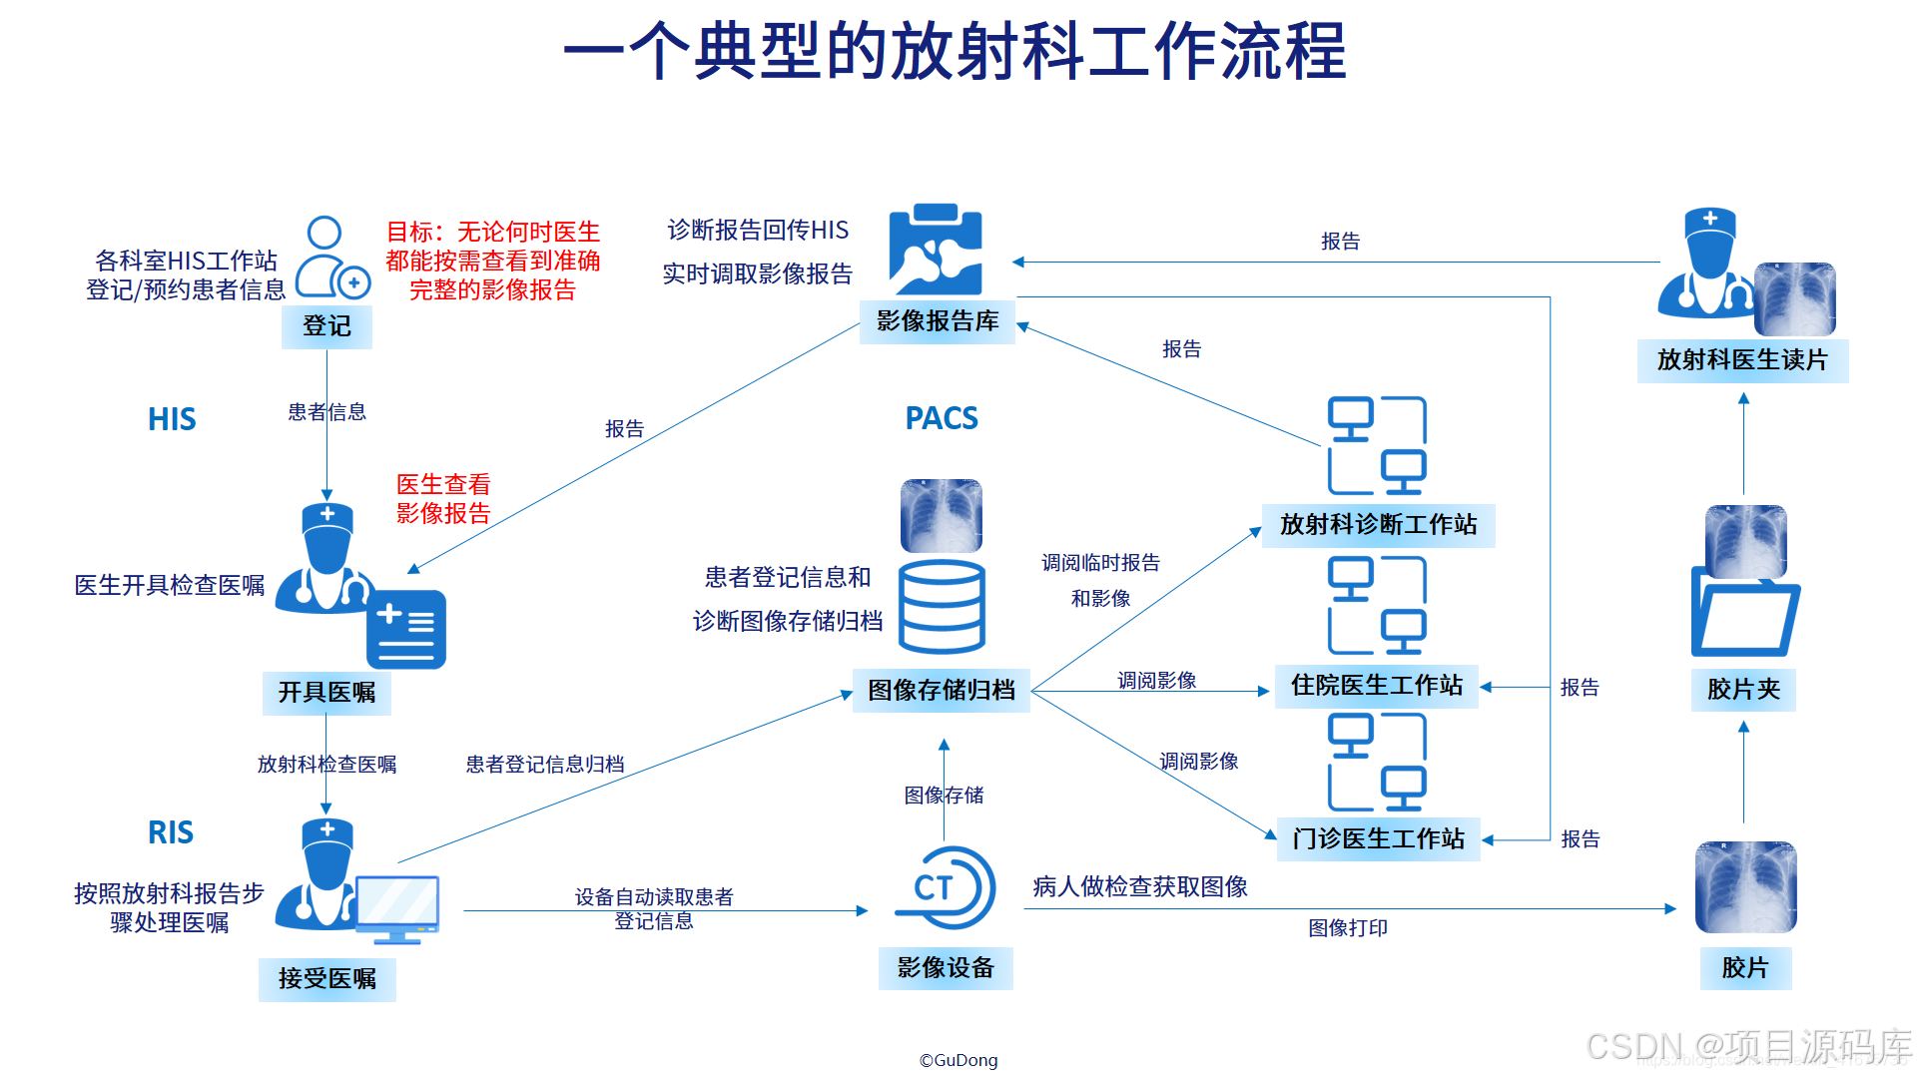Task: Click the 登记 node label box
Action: coord(326,326)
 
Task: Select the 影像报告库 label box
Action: coord(938,321)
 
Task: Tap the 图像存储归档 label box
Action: coord(941,691)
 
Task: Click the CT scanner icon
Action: coord(945,887)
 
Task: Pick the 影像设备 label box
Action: coord(946,968)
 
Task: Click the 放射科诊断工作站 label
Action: coord(1378,525)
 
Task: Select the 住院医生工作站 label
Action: coord(1377,686)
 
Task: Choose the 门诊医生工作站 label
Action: coord(1378,839)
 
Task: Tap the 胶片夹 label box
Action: coord(1743,690)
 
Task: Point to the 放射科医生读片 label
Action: coord(1742,360)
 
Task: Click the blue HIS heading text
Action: coord(172,419)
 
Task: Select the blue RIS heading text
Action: coord(171,832)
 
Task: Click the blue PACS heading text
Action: coord(942,418)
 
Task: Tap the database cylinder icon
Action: coord(942,606)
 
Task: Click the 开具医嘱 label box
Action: coord(326,693)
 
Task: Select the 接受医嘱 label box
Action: coord(326,979)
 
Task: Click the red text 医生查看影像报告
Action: coord(443,499)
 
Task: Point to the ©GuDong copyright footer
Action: coord(958,1060)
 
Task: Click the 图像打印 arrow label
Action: coord(1348,928)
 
